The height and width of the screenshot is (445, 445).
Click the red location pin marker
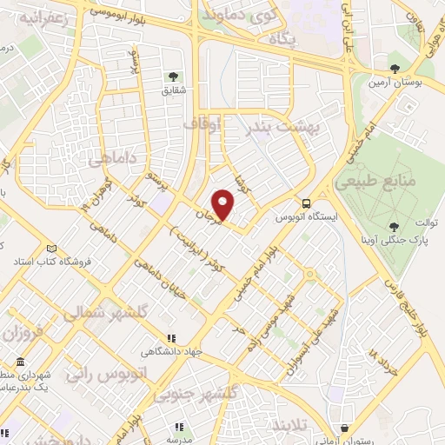[x=224, y=206]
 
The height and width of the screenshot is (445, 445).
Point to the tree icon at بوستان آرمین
[x=395, y=67]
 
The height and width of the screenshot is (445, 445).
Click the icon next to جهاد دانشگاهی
[x=171, y=338]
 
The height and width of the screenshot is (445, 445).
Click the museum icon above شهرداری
[x=20, y=362]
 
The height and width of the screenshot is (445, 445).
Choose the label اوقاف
[x=203, y=126]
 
